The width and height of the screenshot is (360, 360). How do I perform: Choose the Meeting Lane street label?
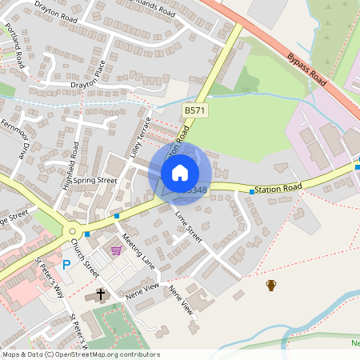point(138,250)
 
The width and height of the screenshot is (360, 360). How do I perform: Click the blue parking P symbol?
point(66,264)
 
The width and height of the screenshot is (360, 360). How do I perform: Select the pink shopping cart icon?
point(117,250)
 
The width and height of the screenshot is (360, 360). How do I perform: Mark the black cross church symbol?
point(101,294)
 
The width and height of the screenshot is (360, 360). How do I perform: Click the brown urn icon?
point(271,285)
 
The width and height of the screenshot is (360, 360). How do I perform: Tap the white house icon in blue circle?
point(180,172)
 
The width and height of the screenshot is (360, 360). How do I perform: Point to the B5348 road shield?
point(194,190)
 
